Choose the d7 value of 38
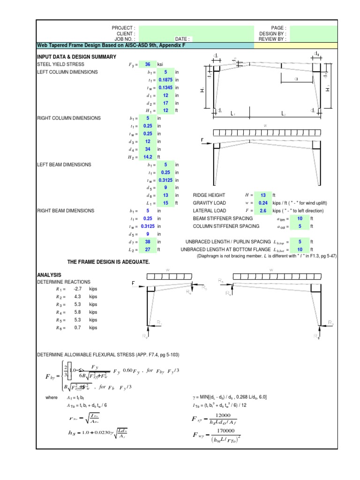click(148, 242)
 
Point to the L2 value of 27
click(148, 249)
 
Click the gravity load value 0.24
click(263, 203)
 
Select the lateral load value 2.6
click(263, 211)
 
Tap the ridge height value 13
click(263, 195)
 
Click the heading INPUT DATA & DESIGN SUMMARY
click(76, 57)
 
